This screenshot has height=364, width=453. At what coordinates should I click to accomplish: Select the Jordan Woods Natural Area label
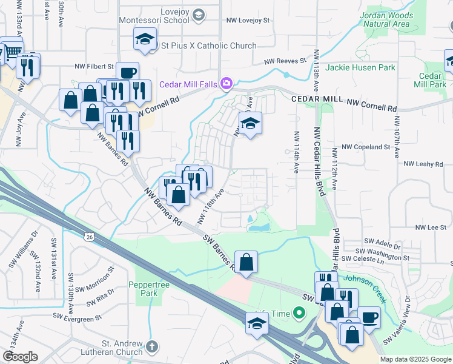[385, 19]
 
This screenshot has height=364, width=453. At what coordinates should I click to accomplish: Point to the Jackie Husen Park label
[360, 67]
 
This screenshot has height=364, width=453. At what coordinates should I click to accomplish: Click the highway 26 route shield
[89, 235]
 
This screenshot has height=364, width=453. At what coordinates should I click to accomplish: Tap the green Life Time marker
[298, 314]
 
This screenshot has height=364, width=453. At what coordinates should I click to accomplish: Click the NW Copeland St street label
[366, 147]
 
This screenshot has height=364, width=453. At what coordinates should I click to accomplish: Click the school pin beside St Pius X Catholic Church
[145, 39]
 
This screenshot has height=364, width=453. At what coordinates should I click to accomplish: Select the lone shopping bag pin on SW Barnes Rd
[246, 262]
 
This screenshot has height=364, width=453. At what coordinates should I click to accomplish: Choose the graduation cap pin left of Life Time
[257, 323]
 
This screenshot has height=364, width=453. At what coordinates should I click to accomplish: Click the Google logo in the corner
[20, 357]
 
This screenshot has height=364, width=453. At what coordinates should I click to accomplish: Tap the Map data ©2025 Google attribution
[415, 359]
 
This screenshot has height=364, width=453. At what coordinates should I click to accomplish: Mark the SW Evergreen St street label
[77, 317]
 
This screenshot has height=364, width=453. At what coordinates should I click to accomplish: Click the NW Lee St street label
[430, 227]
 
